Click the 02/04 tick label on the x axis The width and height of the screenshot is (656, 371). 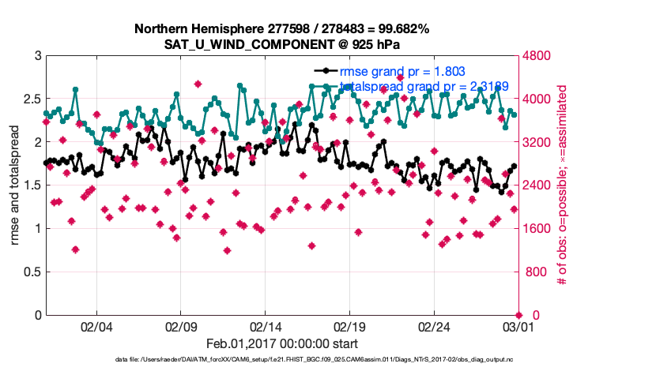coord(97,325)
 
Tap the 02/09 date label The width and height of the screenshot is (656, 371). coord(182,325)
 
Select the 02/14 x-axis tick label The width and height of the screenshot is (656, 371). coord(266,325)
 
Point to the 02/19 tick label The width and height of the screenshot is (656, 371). coord(351,325)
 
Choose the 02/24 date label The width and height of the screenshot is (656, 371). coord(435,325)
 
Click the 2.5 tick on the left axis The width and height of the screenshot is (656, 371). coord(32,99)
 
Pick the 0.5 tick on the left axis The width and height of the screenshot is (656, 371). coord(32,272)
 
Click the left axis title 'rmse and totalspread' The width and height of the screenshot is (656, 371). coord(15,185)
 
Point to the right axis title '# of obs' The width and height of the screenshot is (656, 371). coord(564,185)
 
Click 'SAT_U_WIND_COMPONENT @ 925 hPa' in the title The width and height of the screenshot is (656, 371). coord(282,43)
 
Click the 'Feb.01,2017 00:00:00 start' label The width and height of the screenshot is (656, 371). coord(282,343)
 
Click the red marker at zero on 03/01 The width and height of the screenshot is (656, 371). coord(520,315)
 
